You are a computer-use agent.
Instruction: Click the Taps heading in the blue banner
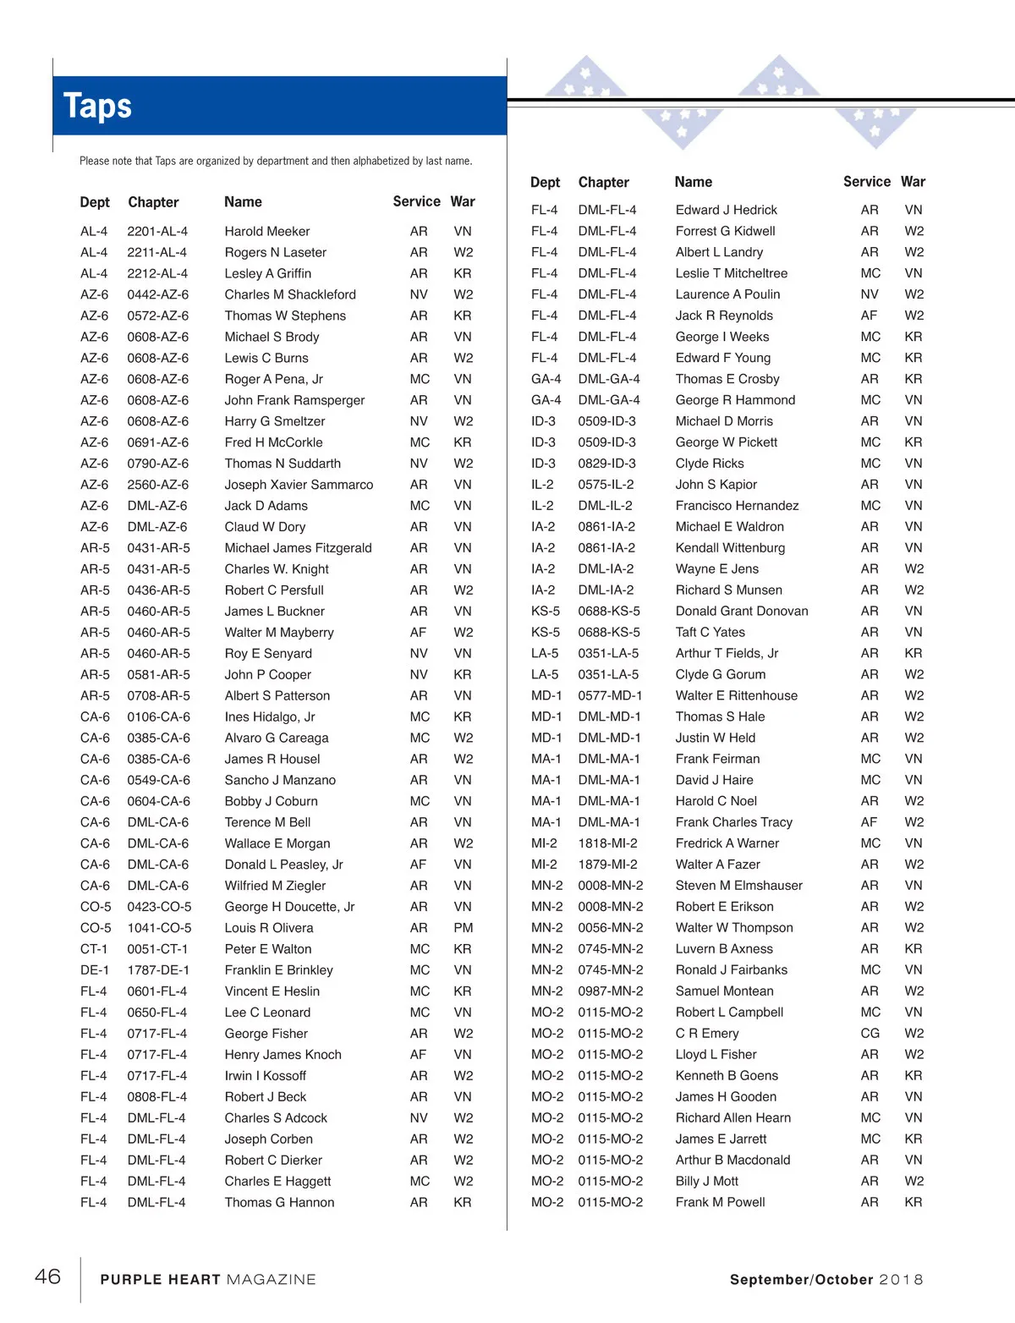(x=98, y=107)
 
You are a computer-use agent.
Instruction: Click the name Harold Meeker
(x=267, y=231)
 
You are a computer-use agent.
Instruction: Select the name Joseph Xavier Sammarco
(x=299, y=485)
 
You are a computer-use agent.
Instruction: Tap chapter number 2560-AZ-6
(x=158, y=485)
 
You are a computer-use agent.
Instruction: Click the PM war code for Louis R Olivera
(x=463, y=928)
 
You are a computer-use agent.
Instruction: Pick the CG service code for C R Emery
(x=870, y=1034)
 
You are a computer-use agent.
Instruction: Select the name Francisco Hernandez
(x=737, y=506)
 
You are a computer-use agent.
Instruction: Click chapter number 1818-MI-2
(x=607, y=843)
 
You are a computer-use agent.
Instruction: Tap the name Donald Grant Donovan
(x=742, y=612)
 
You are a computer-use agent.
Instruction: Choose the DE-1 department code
(x=94, y=970)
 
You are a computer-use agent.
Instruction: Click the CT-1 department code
(x=94, y=949)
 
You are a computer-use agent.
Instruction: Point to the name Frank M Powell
(x=720, y=1203)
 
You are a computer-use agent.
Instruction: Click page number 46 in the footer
(x=47, y=1276)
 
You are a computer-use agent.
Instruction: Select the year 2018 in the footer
(x=901, y=1280)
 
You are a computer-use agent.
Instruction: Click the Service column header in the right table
(x=866, y=182)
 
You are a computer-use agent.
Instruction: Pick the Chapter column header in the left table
(x=153, y=202)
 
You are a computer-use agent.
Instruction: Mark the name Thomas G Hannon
(x=279, y=1203)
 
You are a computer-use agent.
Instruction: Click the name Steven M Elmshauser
(x=738, y=886)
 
